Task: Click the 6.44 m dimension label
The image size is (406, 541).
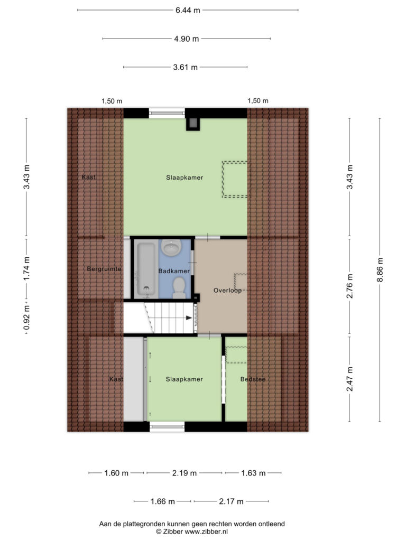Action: [188, 10]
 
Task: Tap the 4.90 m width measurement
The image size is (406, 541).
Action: [187, 39]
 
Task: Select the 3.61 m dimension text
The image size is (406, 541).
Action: [186, 67]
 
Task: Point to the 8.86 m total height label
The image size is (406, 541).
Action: [380, 270]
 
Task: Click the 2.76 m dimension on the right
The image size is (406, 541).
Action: [350, 286]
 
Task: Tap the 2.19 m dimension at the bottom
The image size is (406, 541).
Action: [184, 473]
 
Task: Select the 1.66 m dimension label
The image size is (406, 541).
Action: [163, 501]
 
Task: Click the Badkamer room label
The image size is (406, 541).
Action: [174, 271]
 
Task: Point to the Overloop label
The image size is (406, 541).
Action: [227, 290]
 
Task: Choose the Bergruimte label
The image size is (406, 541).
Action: [104, 269]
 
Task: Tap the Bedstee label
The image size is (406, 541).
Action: [253, 379]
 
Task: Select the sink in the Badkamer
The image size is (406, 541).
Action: [171, 247]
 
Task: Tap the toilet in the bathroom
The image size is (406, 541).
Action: [179, 288]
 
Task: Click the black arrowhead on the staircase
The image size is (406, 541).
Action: [189, 318]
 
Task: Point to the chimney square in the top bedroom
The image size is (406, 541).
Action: [193, 124]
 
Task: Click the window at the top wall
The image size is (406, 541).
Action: [167, 113]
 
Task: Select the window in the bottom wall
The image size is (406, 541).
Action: [167, 426]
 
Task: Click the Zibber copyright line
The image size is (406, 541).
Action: [192, 531]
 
